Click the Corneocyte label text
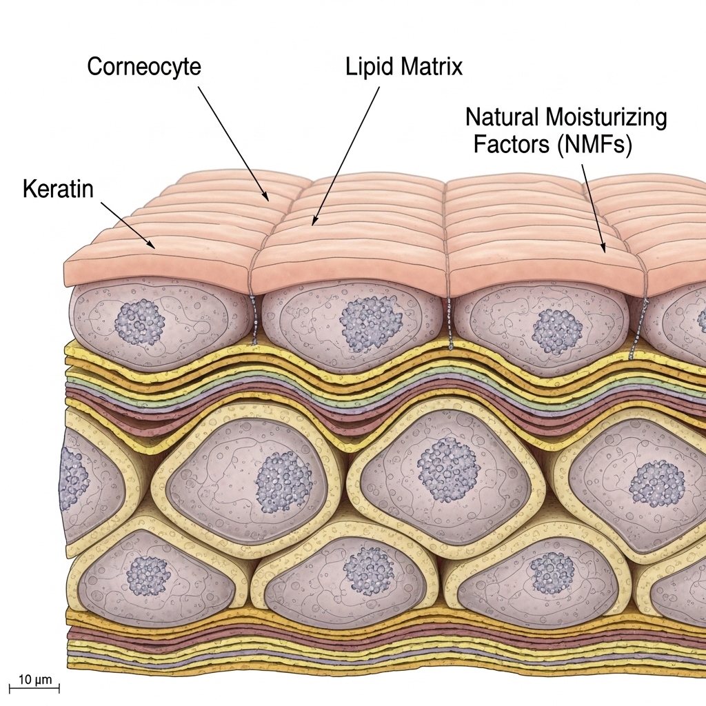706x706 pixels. [x=144, y=68]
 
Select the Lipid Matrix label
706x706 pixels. [x=403, y=68]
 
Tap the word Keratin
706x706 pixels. [x=58, y=189]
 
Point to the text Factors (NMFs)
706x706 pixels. [x=552, y=145]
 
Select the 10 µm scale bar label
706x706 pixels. [x=34, y=679]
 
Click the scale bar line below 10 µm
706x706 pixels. [x=34, y=687]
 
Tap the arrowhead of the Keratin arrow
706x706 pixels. [x=153, y=245]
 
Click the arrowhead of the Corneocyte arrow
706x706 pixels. [x=267, y=200]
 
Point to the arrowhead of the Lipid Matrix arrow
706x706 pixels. [x=313, y=223]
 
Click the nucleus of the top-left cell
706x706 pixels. [x=139, y=321]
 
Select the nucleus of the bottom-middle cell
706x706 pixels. [x=368, y=571]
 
